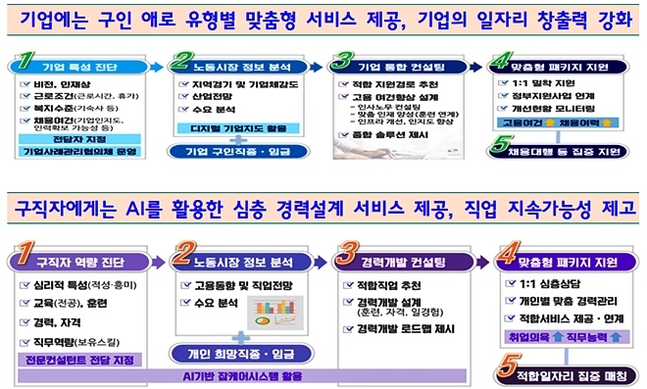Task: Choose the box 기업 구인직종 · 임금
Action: point(242,153)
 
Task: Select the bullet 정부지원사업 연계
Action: point(556,97)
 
